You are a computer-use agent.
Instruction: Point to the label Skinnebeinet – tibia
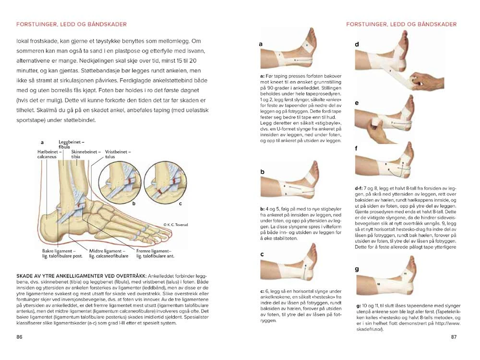82,154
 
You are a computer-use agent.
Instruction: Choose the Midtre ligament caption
108,253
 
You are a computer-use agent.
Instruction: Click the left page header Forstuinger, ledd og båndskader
72,24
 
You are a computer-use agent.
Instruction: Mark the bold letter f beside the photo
357,148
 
